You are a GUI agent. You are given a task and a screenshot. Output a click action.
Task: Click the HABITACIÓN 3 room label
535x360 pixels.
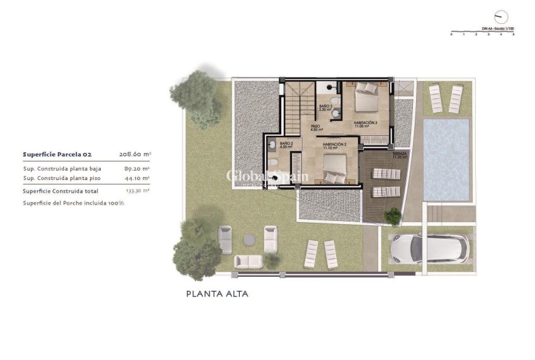(365, 123)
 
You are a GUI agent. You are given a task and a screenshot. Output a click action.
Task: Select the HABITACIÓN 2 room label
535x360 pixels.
(335, 145)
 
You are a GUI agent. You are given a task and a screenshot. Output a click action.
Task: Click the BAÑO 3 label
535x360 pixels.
(325, 107)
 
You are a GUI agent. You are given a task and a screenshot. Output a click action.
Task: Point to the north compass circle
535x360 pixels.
(500, 16)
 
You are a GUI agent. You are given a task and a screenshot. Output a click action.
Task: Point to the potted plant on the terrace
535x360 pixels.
(392, 217)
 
